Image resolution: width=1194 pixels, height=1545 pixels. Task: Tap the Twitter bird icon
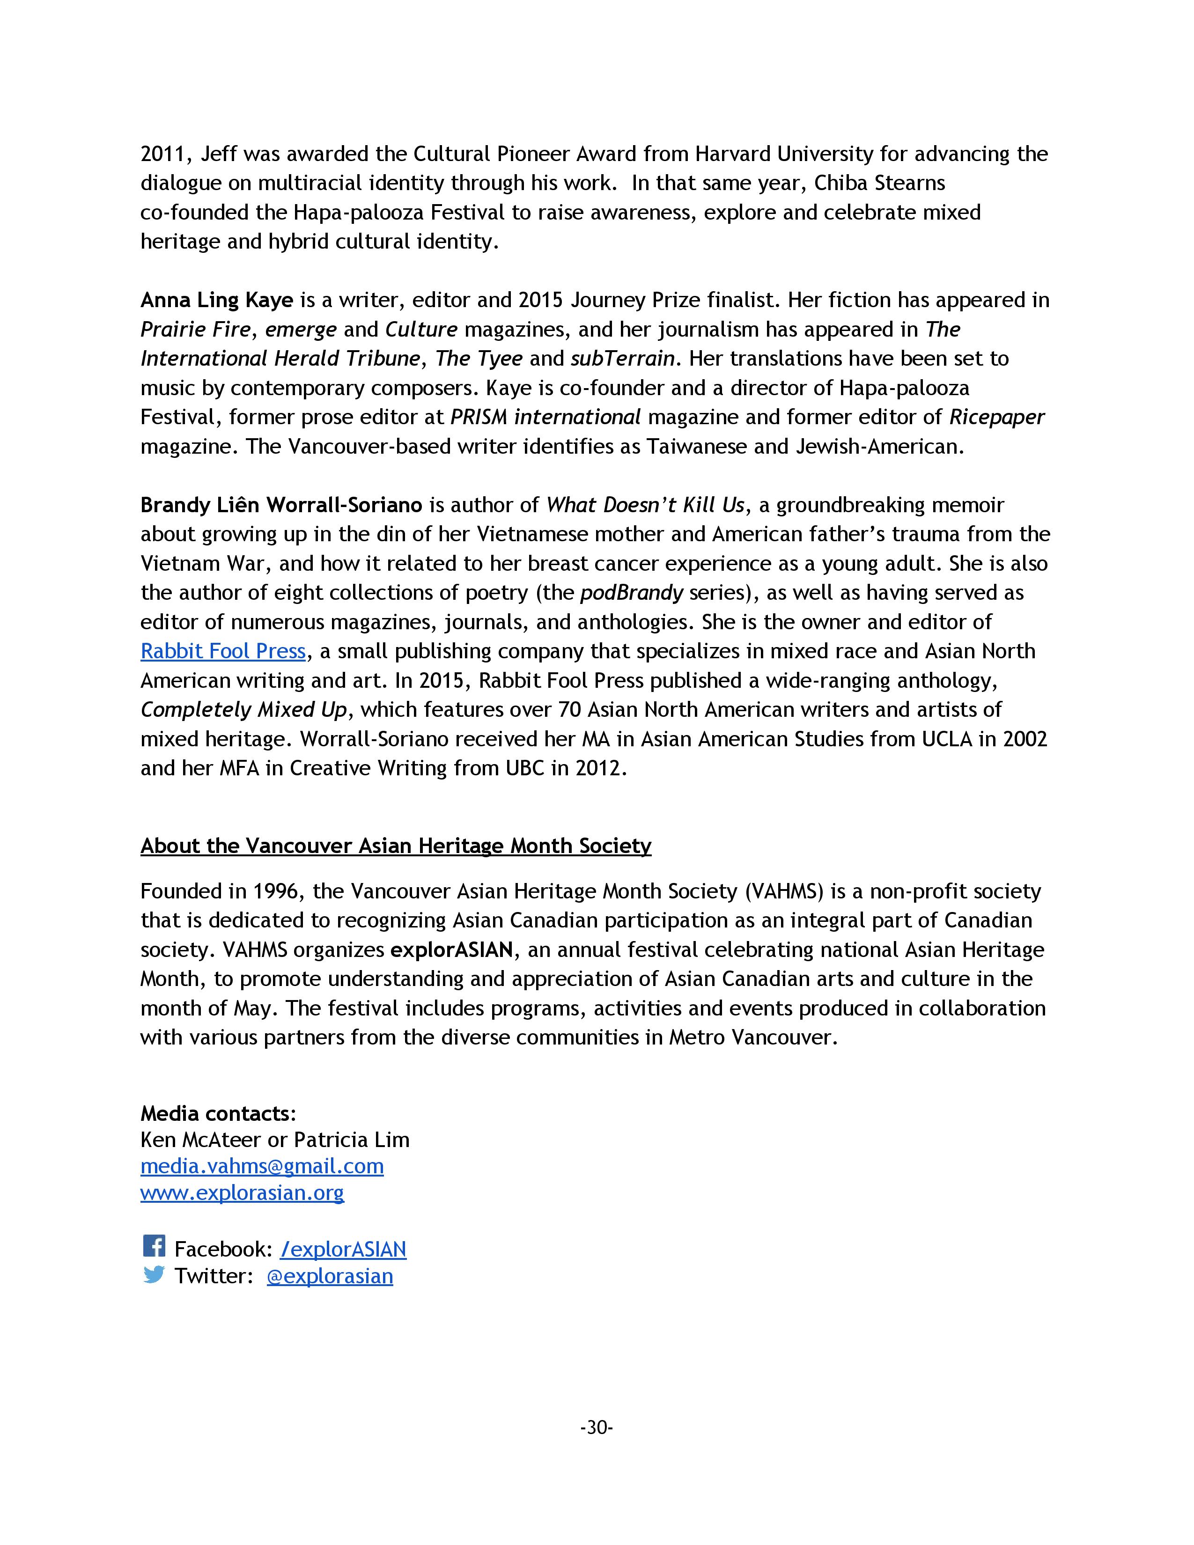(154, 1274)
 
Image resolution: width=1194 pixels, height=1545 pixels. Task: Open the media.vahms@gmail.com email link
(262, 1165)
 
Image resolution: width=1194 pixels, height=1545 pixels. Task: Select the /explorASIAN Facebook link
(343, 1249)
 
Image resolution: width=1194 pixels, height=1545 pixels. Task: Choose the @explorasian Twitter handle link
(330, 1275)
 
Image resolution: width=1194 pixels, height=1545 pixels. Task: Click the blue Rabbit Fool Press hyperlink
(223, 651)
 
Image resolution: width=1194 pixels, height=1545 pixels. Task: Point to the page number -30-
(596, 1427)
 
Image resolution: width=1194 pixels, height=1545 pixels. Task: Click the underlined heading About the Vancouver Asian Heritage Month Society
(395, 846)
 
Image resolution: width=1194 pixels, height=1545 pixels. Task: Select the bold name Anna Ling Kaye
(216, 300)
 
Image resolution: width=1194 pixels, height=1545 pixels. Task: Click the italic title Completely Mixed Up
(244, 710)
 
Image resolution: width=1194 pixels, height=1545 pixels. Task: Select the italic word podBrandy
(632, 592)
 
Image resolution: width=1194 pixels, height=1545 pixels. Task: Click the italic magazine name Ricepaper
(996, 417)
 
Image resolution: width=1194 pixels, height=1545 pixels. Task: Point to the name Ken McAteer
(200, 1140)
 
